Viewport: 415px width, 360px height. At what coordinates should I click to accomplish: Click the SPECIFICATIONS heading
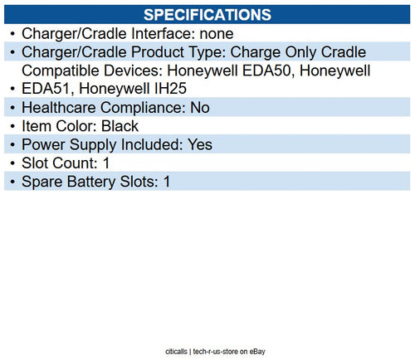coord(207,14)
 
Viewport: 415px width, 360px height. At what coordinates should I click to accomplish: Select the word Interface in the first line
coord(158,34)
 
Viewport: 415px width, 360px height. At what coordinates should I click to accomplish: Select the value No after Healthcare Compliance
coord(200,108)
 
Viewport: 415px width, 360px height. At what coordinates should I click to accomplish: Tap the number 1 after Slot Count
coord(106,163)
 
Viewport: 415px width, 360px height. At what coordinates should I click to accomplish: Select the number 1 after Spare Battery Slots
coord(166,181)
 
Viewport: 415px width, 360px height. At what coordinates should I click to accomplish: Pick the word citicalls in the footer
coord(180,352)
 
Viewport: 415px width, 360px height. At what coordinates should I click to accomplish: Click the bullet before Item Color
coord(11,126)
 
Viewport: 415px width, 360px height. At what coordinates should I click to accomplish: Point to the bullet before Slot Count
coord(11,163)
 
